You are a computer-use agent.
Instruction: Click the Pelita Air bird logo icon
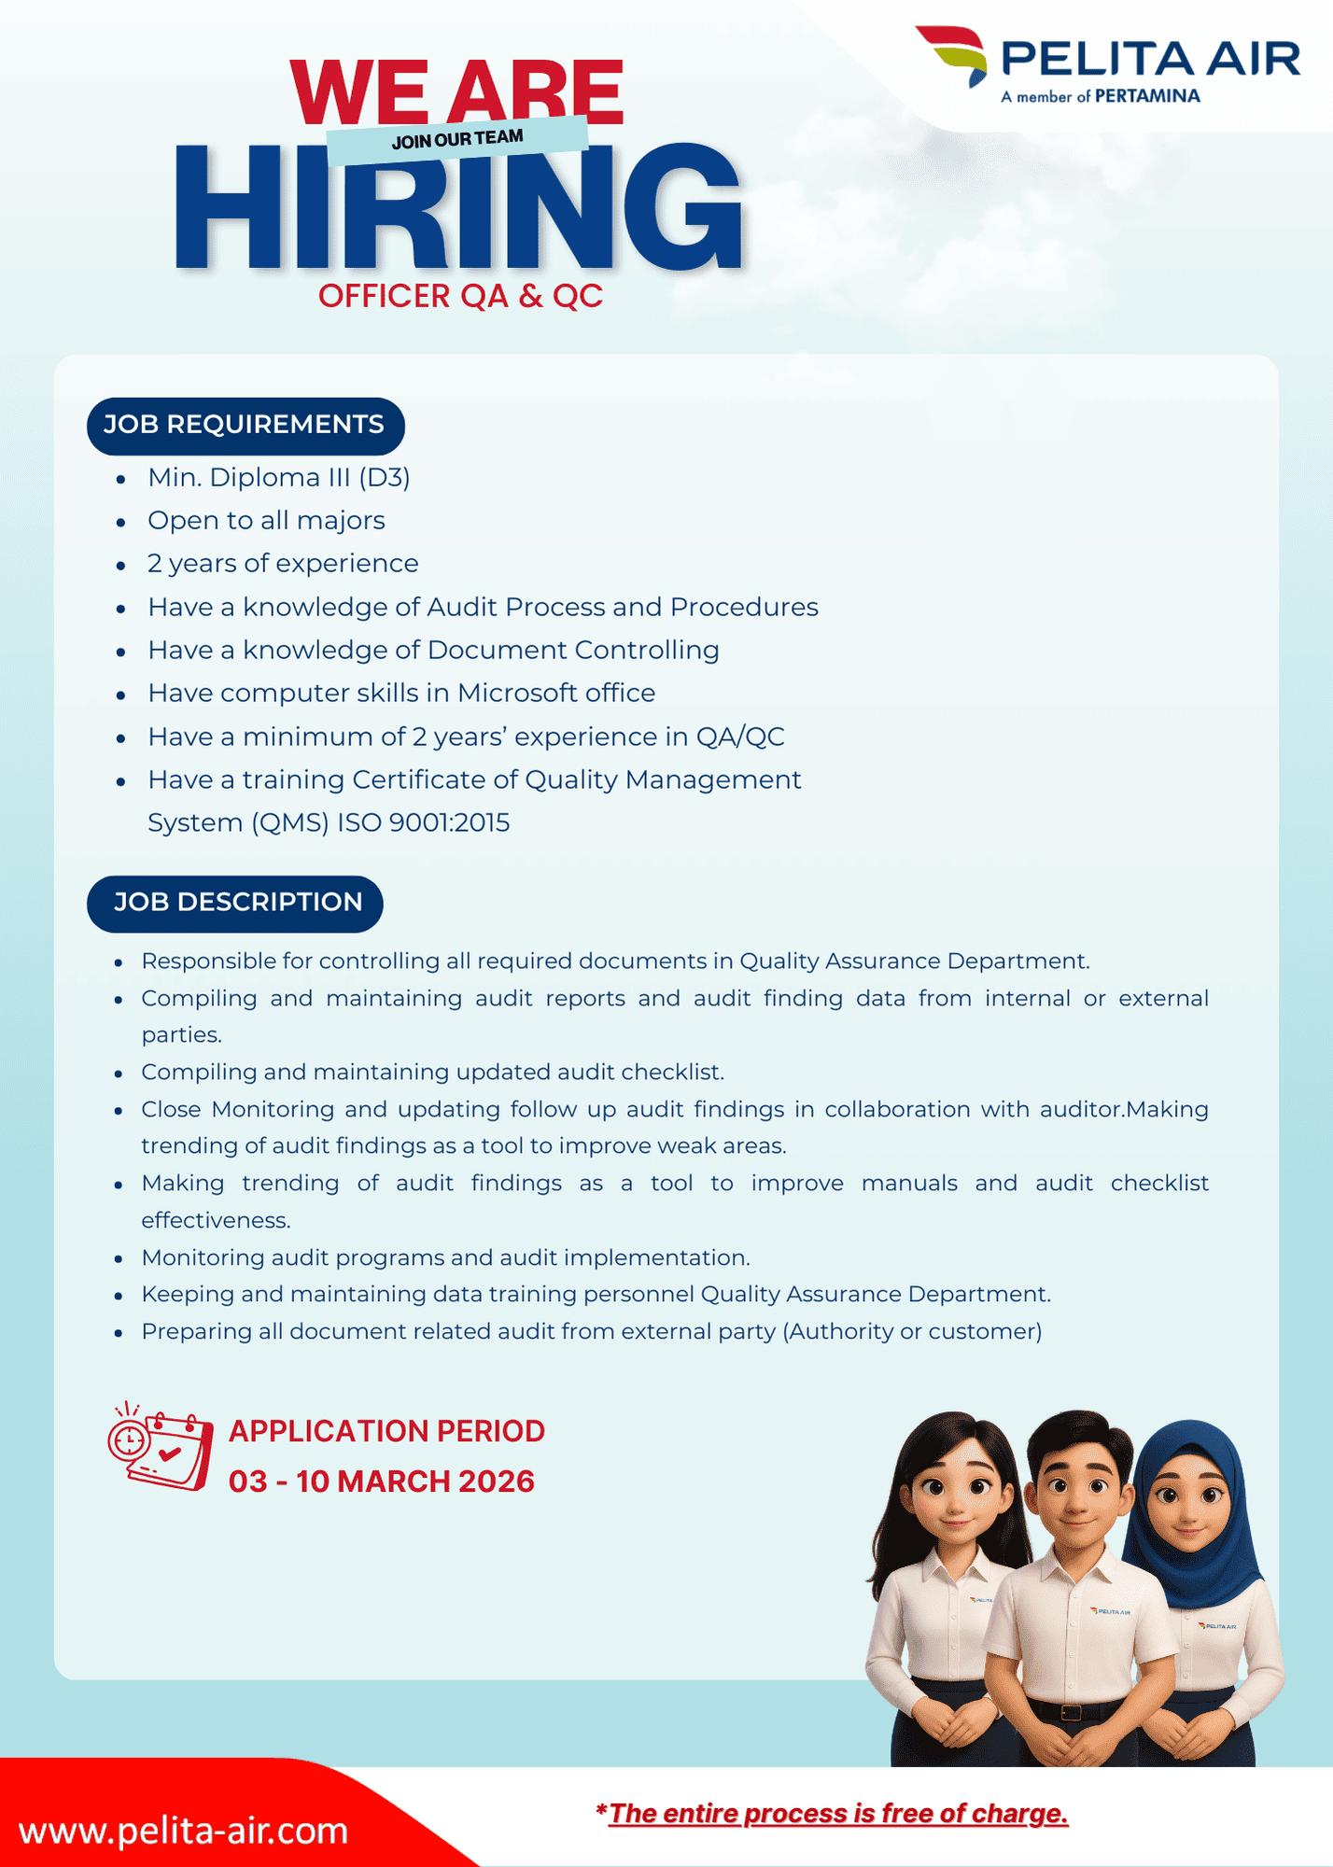click(953, 54)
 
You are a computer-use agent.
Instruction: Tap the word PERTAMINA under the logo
click(1147, 96)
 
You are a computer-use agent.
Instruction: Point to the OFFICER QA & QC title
click(460, 296)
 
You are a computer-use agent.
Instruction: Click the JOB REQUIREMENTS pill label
click(245, 425)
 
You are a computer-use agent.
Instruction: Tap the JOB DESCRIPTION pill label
click(236, 903)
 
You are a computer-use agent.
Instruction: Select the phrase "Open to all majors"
click(266, 521)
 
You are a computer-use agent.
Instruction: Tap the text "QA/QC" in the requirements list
click(740, 737)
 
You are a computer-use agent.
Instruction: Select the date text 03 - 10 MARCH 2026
click(381, 1481)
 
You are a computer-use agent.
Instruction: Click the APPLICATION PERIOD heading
click(386, 1431)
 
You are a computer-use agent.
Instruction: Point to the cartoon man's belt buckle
click(1072, 1713)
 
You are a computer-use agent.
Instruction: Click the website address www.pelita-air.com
click(183, 1831)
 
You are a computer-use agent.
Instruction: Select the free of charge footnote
click(833, 1814)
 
